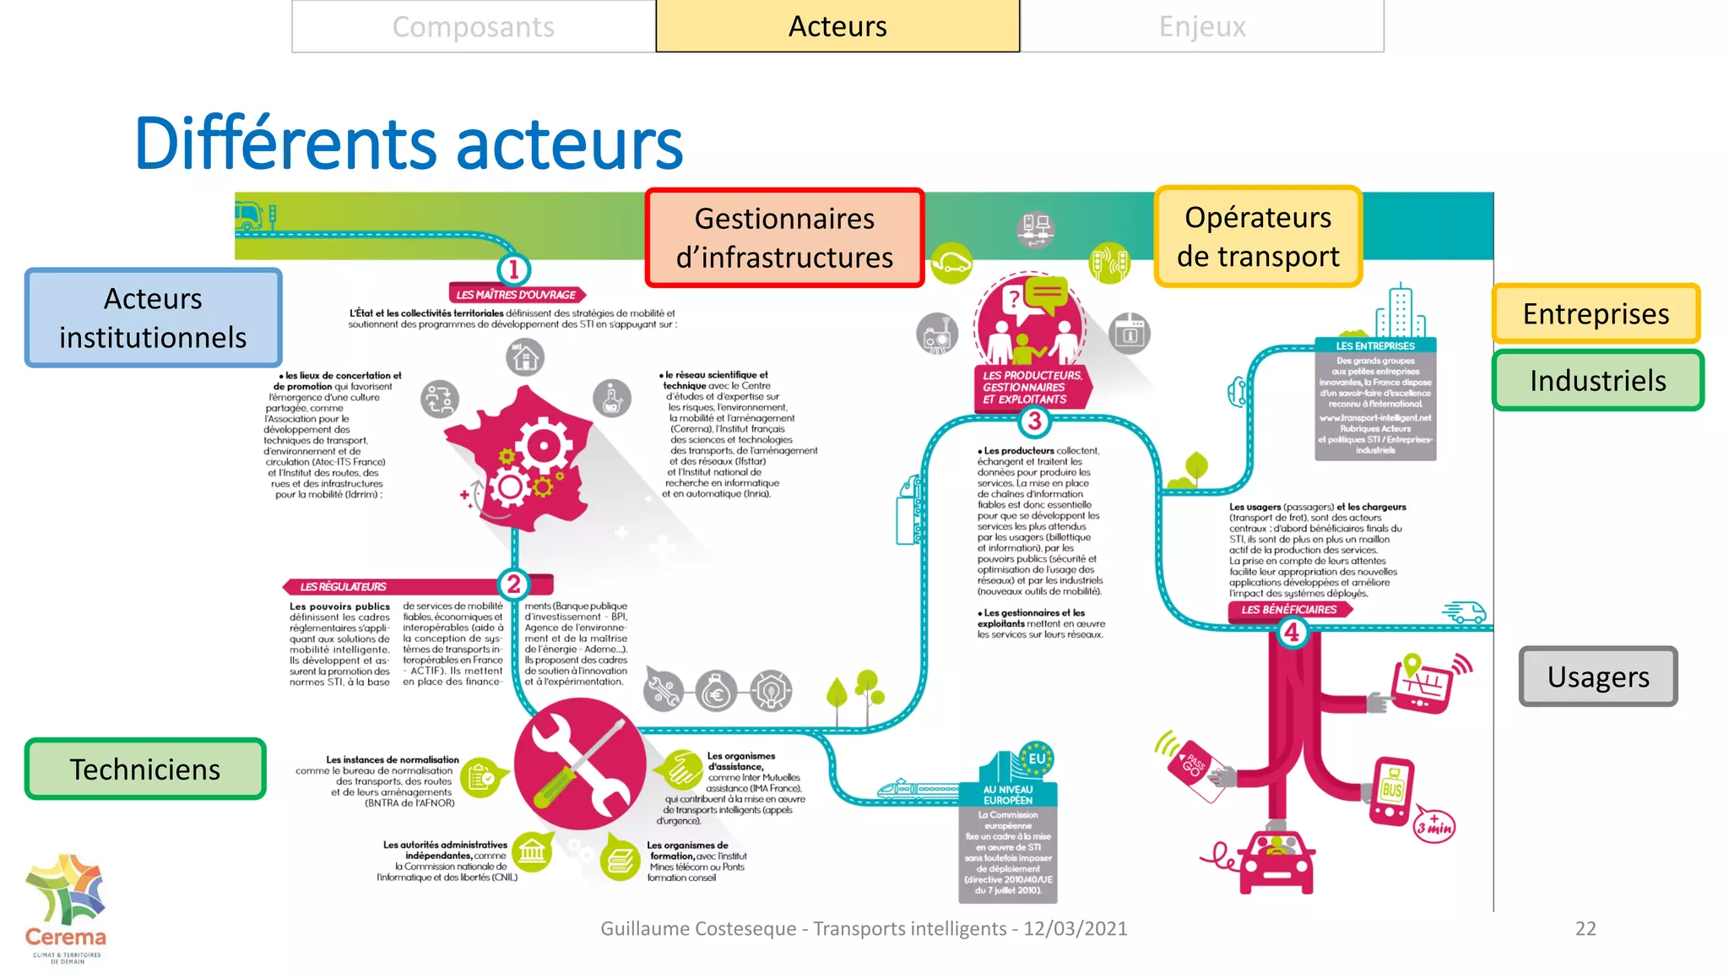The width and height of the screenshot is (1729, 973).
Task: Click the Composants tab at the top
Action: tap(474, 27)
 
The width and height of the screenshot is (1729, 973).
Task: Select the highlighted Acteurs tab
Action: tap(837, 27)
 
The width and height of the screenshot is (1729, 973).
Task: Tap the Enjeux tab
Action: tap(1202, 27)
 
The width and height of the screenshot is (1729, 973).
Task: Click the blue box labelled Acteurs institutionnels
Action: tap(153, 318)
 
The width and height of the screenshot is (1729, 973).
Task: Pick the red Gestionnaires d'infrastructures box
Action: tap(784, 238)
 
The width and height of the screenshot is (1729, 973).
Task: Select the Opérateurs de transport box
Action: tap(1258, 236)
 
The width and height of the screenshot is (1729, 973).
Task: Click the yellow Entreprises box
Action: tap(1596, 313)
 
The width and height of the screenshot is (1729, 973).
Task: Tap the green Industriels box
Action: tap(1597, 380)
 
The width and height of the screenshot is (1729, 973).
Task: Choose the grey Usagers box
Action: tap(1597, 677)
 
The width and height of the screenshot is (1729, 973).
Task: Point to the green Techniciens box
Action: tap(145, 769)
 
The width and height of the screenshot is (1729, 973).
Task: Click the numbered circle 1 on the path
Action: tap(513, 269)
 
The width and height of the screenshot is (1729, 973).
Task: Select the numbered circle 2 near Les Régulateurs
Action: tap(513, 584)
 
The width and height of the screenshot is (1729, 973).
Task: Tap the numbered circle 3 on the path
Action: tap(1034, 421)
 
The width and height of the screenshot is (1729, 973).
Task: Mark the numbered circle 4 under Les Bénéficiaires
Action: tap(1292, 632)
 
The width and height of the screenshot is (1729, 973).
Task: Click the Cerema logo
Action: tap(66, 908)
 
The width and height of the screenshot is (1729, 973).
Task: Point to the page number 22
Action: tap(1585, 929)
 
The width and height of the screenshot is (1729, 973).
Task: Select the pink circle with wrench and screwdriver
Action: tap(580, 763)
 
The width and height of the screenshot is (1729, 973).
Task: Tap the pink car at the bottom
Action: tap(1276, 862)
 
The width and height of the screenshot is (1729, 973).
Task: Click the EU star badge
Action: tap(1037, 758)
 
